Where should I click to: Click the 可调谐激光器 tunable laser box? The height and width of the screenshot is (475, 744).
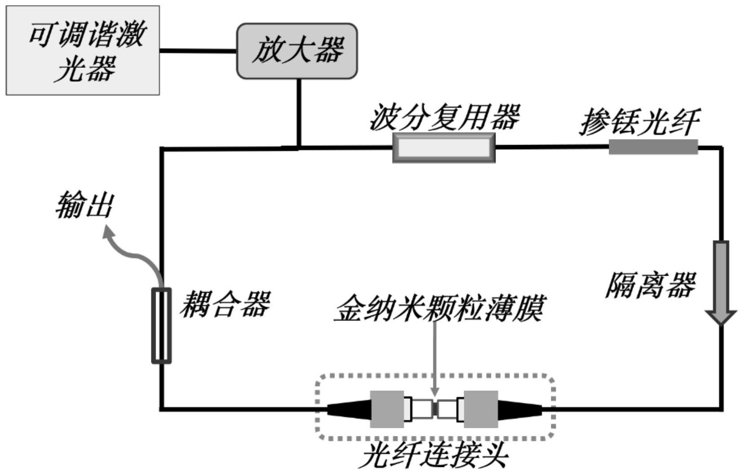click(83, 50)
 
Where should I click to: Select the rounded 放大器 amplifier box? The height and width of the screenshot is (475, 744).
click(297, 51)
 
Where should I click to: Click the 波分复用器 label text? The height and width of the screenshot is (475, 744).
click(444, 117)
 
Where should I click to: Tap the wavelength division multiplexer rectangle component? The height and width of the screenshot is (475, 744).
click(444, 148)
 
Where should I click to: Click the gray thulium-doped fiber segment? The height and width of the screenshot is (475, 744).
click(653, 147)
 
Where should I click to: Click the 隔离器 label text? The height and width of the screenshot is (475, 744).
click(650, 286)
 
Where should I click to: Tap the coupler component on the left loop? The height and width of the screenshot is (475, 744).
click(161, 325)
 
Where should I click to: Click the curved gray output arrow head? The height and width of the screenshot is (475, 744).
click(108, 233)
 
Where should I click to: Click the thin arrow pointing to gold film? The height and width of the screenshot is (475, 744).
click(434, 359)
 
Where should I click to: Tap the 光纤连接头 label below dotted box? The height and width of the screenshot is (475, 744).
click(435, 456)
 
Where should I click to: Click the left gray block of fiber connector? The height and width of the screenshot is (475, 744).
click(387, 409)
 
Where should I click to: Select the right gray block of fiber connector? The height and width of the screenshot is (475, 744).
click(481, 409)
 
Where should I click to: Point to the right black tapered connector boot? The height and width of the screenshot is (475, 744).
click(519, 409)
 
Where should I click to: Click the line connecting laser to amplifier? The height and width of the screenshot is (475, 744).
click(198, 51)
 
